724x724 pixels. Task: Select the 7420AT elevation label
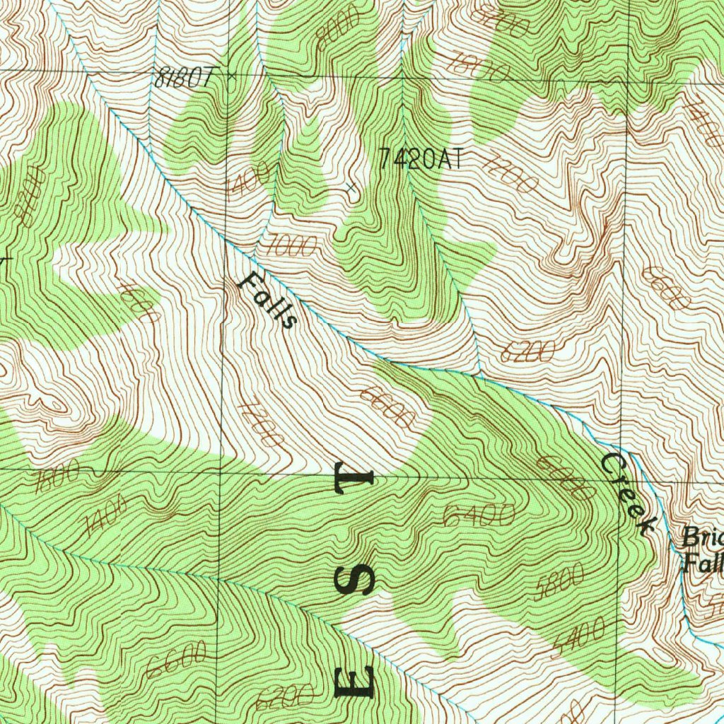(x=422, y=158)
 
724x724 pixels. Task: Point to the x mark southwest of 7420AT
(x=351, y=187)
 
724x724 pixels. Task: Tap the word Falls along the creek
(x=267, y=300)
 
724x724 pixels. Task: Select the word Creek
(x=628, y=492)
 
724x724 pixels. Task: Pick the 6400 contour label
(x=479, y=515)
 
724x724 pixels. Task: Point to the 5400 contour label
(x=578, y=635)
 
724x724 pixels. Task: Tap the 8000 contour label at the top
(x=337, y=30)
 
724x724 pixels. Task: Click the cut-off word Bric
(x=701, y=539)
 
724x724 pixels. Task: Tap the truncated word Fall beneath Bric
(x=701, y=564)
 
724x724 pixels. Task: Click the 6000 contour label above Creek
(x=564, y=479)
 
